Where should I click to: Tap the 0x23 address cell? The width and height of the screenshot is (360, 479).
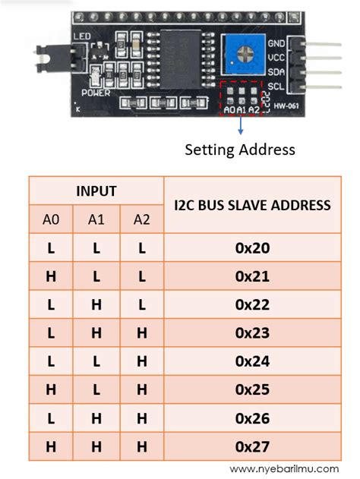tap(252, 333)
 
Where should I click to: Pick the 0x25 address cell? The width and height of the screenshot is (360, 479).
tap(252, 389)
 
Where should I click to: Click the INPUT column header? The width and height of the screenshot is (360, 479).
tap(96, 191)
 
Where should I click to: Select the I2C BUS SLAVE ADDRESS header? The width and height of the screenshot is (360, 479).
tap(252, 205)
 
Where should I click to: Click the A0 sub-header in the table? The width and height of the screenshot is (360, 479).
tap(51, 219)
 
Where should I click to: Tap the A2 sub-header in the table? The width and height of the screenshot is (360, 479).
tap(141, 219)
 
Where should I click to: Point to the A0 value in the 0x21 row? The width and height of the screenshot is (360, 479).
tap(51, 277)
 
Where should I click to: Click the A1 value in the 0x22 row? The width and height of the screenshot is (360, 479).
tap(96, 305)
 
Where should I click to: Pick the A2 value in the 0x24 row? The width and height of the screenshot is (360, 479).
tap(141, 361)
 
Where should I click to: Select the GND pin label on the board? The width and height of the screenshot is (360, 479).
tap(276, 45)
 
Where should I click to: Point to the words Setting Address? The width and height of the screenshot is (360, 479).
tap(240, 150)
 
